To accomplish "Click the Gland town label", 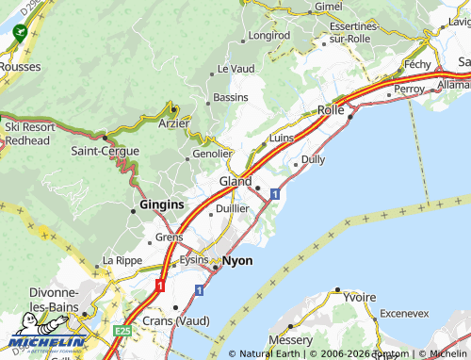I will click(x=235, y=181).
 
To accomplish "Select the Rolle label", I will click(x=331, y=110).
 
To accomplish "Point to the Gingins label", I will click(x=161, y=205).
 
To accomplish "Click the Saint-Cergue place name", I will click(x=106, y=151).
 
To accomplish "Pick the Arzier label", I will click(x=174, y=123).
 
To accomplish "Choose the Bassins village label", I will click(x=231, y=98).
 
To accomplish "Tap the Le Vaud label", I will click(x=235, y=69).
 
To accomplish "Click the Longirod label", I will click(x=268, y=36).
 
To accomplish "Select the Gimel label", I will click(x=329, y=6).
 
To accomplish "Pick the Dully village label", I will click(x=313, y=159).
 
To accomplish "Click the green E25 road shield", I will click(x=122, y=332).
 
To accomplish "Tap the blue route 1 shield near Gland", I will click(x=274, y=193).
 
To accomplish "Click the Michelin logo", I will click(x=47, y=341).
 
